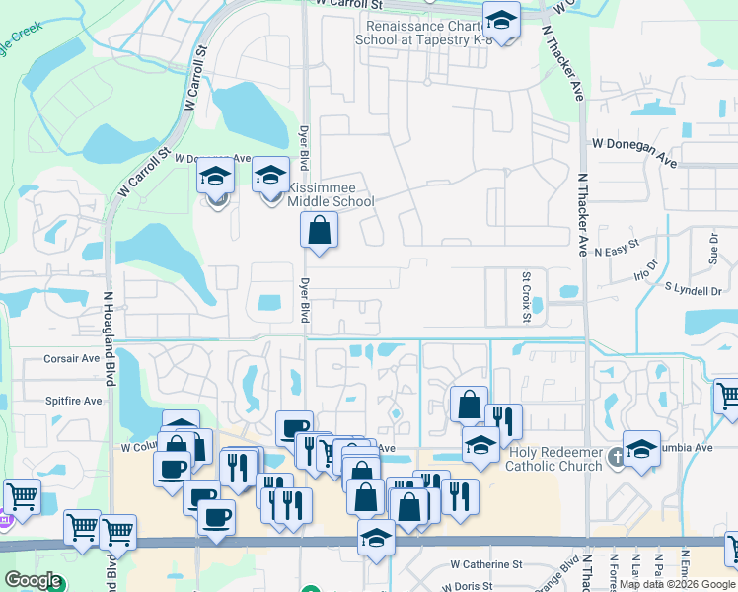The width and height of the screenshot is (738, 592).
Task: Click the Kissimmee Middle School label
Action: pos(331,194)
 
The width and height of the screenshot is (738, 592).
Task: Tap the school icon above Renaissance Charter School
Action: pos(501,22)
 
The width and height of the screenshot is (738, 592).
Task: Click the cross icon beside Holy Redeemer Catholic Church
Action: pos(616,456)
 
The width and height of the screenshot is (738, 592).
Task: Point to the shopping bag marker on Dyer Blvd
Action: pos(320,232)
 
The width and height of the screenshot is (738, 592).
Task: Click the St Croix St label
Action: pos(527,296)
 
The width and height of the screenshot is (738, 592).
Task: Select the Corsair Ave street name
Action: pos(73,360)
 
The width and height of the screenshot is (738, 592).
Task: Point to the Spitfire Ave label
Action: pos(73,402)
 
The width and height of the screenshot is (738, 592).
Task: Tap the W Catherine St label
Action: pos(485,564)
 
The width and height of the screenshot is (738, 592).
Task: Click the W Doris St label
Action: pos(476,586)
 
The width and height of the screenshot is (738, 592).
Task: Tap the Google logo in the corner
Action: pos(32,580)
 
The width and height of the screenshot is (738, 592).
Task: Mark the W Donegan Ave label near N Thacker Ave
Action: pos(634,144)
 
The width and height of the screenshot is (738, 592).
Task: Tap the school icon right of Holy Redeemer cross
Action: pos(641,449)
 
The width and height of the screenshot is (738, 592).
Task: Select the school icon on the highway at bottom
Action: pos(376,539)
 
